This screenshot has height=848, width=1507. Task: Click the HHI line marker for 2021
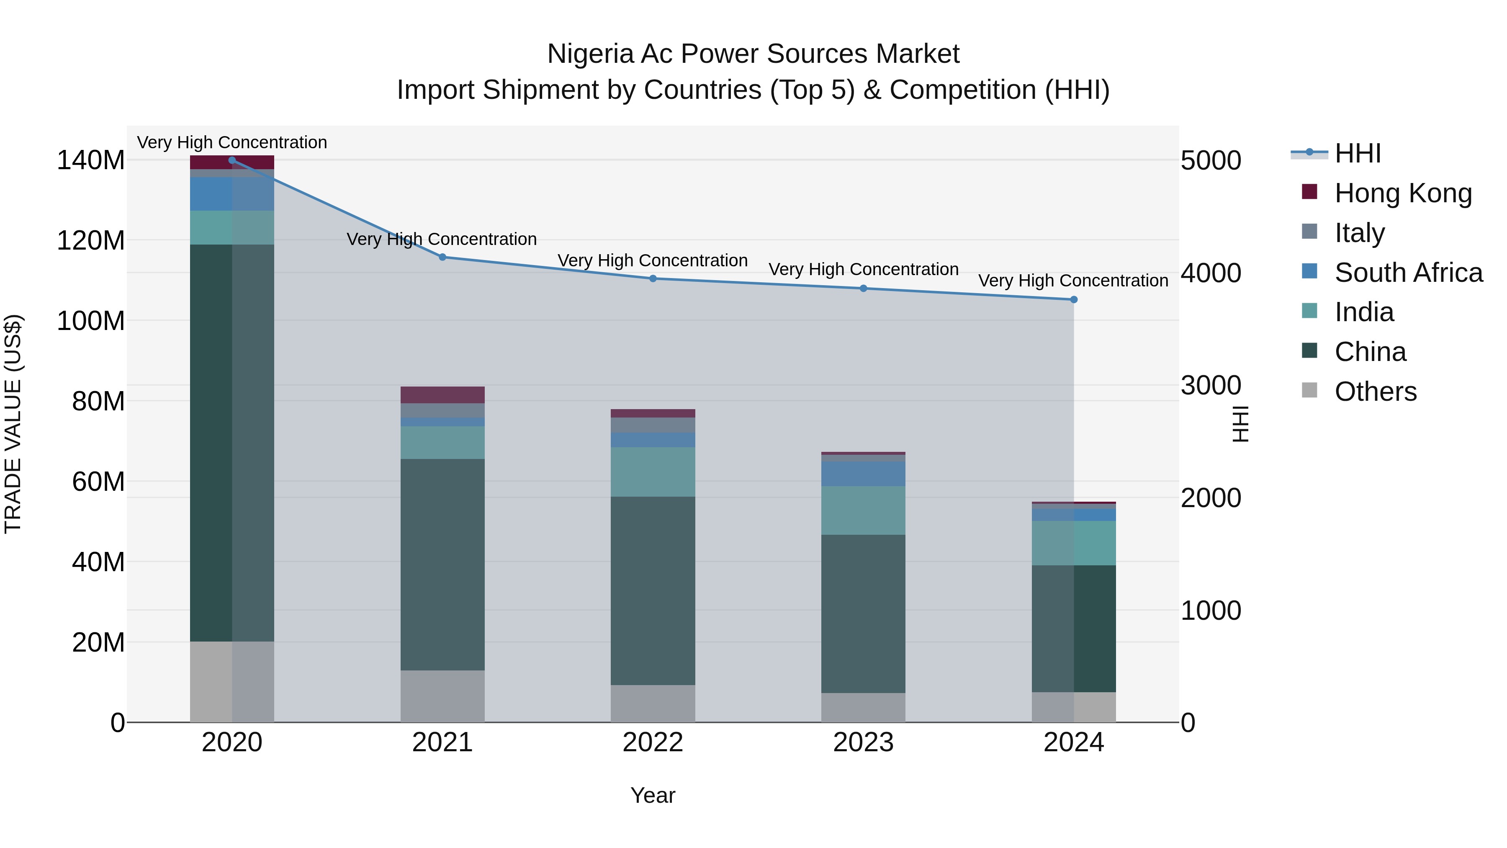coord(442,257)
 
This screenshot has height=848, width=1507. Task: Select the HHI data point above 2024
coord(1073,300)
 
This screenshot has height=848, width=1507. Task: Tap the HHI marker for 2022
coord(653,278)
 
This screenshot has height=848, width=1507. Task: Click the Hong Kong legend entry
coord(1402,193)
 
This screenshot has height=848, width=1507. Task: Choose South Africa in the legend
coord(1408,272)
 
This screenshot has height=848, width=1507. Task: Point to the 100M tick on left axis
coord(91,321)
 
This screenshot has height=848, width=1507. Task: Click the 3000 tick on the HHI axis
coord(1210,385)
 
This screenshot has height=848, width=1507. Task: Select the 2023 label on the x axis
coord(863,742)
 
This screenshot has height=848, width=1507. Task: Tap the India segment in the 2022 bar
coord(653,472)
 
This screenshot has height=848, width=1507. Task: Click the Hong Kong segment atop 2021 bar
coord(442,395)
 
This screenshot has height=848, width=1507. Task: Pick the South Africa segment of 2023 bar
coord(863,474)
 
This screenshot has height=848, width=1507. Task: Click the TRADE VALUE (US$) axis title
coord(13,424)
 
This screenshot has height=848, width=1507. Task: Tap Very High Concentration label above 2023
coord(863,269)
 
